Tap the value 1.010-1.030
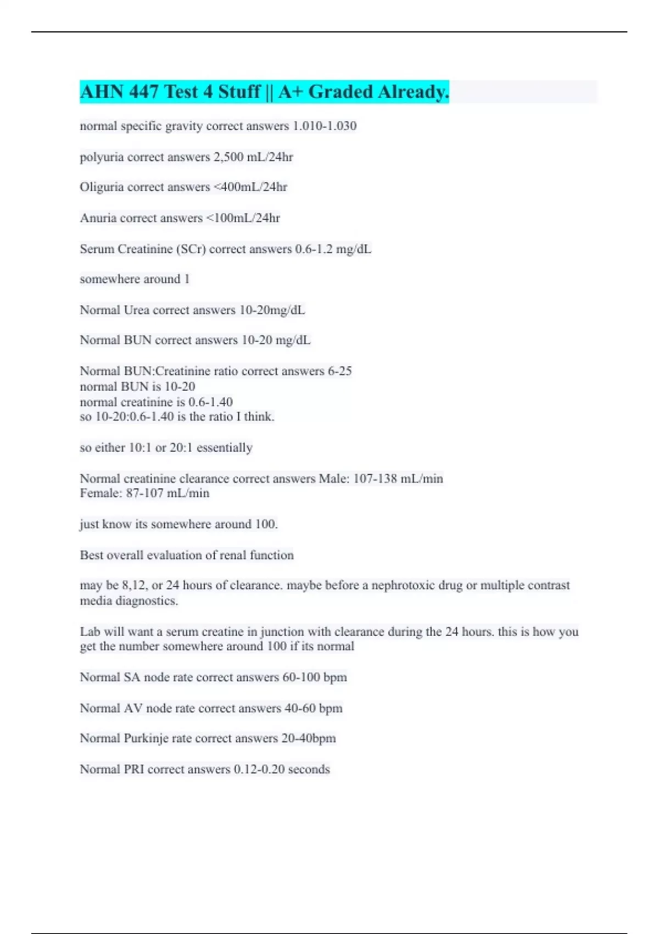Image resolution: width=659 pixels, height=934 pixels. (x=325, y=126)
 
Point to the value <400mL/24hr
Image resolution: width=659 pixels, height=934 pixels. (x=250, y=187)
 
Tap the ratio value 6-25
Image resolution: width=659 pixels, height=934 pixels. (x=339, y=371)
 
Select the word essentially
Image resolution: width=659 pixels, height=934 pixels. (x=224, y=448)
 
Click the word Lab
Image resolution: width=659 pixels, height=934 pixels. (x=90, y=632)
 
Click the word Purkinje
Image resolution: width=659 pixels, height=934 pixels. (x=146, y=738)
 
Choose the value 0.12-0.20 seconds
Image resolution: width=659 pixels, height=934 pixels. (x=282, y=769)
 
